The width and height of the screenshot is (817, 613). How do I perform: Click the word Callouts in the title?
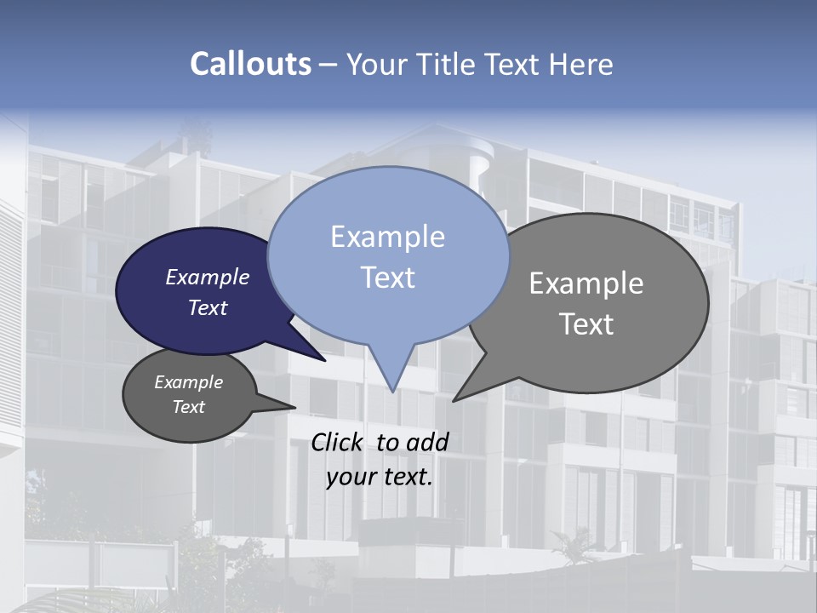250,65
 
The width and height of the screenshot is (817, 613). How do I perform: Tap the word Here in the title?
582,65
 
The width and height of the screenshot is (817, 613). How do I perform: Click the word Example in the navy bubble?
207,278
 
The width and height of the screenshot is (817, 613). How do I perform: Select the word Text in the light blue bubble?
387,278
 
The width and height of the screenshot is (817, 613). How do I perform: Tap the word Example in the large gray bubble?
586,284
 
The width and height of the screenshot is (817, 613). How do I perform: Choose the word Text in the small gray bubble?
188,407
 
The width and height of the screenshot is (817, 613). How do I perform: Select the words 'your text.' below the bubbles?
379,477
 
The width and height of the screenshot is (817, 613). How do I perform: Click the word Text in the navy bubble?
207,308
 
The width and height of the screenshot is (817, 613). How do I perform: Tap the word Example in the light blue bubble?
387,237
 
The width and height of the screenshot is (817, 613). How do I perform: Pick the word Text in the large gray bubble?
586,324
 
